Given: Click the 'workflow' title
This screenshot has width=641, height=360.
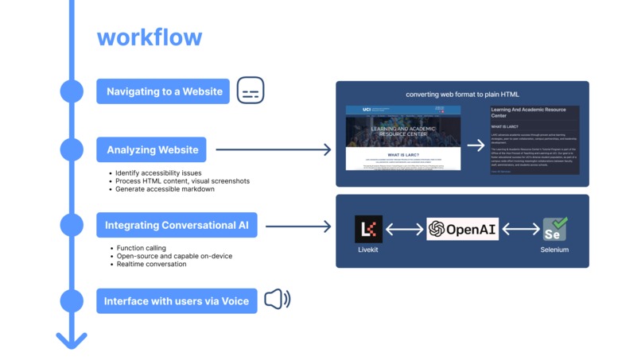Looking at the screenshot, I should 149,37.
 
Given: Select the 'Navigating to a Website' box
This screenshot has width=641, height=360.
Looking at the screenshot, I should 164,91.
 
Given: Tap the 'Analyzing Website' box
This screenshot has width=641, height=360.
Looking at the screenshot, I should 152,149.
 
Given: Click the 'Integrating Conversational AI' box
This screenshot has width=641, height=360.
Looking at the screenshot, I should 177,226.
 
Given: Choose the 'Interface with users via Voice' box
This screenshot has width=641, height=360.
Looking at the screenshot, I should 177,300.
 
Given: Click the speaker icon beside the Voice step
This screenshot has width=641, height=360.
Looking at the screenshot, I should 278,300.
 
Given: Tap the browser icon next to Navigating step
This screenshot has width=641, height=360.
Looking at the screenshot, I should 251,91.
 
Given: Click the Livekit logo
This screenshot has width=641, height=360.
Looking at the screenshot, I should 368,229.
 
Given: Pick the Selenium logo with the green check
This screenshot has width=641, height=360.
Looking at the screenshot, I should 554,229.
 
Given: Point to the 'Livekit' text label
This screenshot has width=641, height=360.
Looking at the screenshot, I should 368,250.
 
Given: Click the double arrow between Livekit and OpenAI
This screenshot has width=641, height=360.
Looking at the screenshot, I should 404,230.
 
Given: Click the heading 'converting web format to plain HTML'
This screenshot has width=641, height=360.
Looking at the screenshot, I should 462,94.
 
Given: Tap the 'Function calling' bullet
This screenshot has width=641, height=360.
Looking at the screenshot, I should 141,248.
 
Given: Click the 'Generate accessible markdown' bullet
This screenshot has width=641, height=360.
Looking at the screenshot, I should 165,189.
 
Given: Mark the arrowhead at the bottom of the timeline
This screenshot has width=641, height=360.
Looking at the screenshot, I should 72,340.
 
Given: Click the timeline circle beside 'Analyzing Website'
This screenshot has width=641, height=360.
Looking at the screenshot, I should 72,149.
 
